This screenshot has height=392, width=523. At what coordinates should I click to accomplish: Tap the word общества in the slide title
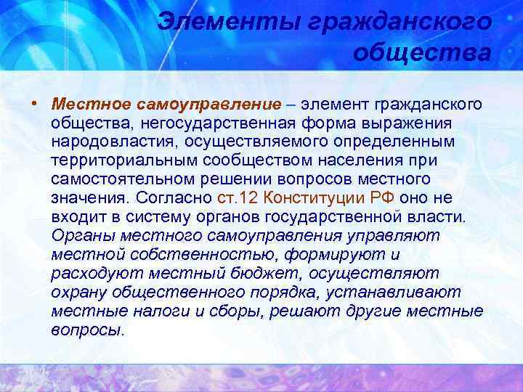point(423,53)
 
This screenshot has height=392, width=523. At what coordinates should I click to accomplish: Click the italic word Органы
point(81,235)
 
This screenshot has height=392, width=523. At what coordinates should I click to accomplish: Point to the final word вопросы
point(88,330)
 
